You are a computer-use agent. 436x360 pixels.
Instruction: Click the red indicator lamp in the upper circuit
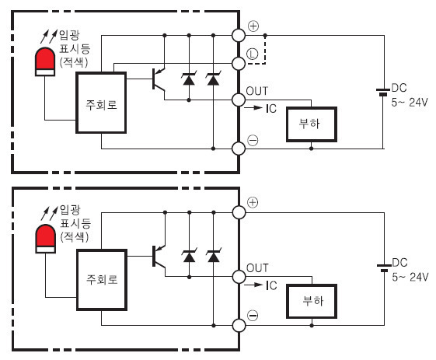[45, 61]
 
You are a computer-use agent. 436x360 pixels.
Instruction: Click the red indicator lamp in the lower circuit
[45, 239]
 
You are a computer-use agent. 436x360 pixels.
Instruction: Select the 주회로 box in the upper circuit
[101, 103]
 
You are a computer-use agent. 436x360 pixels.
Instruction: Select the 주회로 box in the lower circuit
[102, 280]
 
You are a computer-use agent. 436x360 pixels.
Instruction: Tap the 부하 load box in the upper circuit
[312, 124]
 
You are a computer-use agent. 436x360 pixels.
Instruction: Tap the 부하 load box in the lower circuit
[312, 302]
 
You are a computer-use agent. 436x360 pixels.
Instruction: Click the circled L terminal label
[253, 54]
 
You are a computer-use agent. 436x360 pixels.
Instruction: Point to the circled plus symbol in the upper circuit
[253, 26]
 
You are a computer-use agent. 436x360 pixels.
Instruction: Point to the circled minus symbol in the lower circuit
[253, 316]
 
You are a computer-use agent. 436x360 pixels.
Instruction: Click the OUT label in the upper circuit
[257, 91]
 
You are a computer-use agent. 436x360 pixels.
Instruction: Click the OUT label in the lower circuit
[257, 268]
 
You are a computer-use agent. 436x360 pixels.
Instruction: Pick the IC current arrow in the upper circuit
[253, 107]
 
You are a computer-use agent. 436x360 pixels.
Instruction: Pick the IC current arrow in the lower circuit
[253, 285]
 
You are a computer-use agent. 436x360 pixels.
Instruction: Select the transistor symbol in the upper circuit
[159, 79]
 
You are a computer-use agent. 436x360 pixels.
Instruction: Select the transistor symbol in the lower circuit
[159, 257]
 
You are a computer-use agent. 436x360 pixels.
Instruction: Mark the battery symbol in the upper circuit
[383, 92]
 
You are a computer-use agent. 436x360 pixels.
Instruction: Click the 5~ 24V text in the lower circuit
[410, 277]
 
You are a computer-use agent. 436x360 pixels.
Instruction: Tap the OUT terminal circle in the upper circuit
[239, 100]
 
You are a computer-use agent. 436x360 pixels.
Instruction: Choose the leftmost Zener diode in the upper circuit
[189, 79]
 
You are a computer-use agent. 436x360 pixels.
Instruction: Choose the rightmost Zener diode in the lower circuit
[214, 256]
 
